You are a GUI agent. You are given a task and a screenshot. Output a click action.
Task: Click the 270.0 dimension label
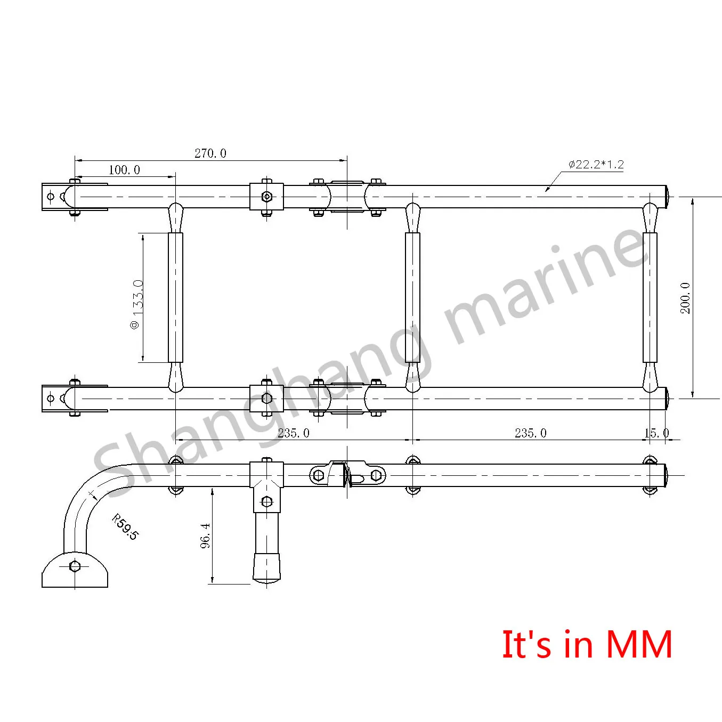tap(210, 153)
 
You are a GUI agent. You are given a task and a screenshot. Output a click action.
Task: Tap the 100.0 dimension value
tap(124, 170)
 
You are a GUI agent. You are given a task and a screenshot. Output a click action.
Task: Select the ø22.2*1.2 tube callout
tap(596, 164)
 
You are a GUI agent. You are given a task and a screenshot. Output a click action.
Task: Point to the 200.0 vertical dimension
tap(685, 298)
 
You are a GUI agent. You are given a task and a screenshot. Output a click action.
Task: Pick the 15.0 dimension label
tap(656, 433)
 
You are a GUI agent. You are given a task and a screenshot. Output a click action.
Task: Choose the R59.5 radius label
tap(125, 527)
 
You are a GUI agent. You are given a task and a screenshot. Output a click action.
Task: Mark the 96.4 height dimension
tap(205, 535)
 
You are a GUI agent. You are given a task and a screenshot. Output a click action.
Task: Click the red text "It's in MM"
tap(587, 645)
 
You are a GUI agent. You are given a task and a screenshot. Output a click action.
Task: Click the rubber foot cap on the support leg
tap(266, 567)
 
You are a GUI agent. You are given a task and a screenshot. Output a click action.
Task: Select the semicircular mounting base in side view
tap(75, 571)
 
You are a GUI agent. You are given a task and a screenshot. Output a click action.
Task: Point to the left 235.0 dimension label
tap(293, 433)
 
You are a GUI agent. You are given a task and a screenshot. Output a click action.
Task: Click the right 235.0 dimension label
tap(530, 433)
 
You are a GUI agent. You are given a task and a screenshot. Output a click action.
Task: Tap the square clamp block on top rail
tap(266, 197)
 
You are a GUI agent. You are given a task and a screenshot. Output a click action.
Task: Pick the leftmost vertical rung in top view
tap(175, 297)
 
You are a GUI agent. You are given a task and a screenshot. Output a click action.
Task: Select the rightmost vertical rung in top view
tap(650, 297)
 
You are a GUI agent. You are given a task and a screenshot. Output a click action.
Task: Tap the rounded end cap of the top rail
tap(667, 197)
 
